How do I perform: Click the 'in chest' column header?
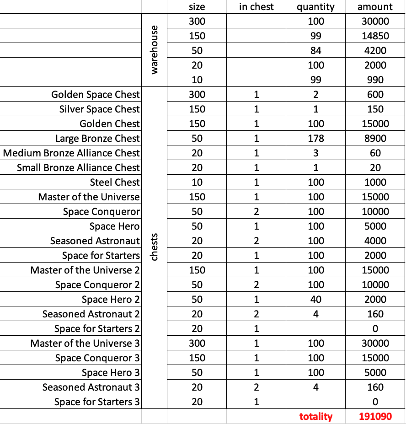pyautogui.click(x=256, y=6)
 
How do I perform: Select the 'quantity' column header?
pyautogui.click(x=315, y=6)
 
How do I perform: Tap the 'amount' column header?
pyautogui.click(x=375, y=6)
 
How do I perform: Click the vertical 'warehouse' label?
pyautogui.click(x=154, y=50)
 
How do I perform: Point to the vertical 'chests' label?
pyautogui.click(x=154, y=247)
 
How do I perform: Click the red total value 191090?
pyautogui.click(x=375, y=417)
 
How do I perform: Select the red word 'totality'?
pyautogui.click(x=315, y=417)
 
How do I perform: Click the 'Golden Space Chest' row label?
pyautogui.click(x=95, y=95)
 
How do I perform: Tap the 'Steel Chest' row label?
pyautogui.click(x=115, y=182)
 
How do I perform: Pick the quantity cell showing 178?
pyautogui.click(x=315, y=139)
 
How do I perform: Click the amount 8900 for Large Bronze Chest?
pyautogui.click(x=375, y=139)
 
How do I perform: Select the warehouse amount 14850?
pyautogui.click(x=375, y=36)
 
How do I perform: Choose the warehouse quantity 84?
pyautogui.click(x=315, y=51)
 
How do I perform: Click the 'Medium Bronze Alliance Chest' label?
pyautogui.click(x=71, y=153)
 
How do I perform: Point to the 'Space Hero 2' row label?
pyautogui.click(x=111, y=300)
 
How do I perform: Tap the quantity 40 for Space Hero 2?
pyautogui.click(x=315, y=300)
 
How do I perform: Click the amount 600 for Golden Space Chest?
pyautogui.click(x=375, y=95)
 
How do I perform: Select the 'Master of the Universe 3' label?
pyautogui.click(x=85, y=343)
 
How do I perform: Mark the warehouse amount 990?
pyautogui.click(x=375, y=80)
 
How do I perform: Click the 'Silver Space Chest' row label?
pyautogui.click(x=99, y=109)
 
